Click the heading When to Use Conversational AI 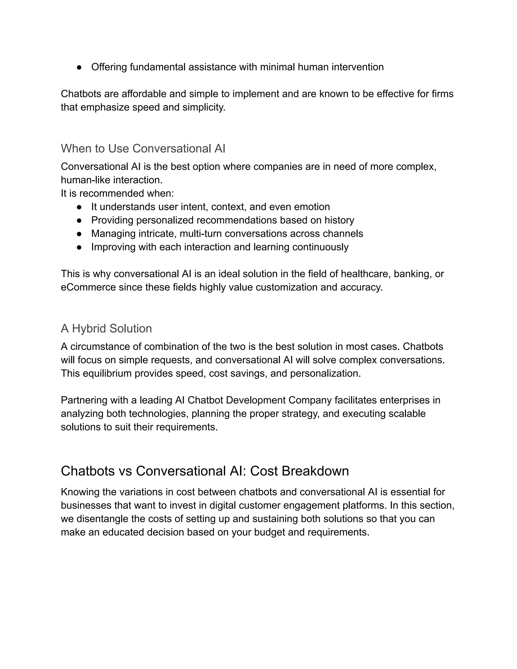(143, 148)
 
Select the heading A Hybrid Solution (106, 328)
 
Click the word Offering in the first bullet (109, 67)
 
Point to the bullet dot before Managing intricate (79, 234)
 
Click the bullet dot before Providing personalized (79, 220)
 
